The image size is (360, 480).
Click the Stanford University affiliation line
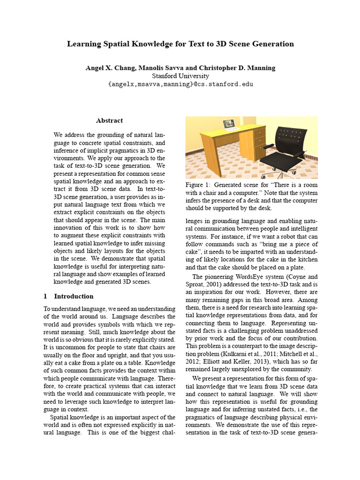click(180, 76)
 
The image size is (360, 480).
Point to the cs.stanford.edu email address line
click(180, 84)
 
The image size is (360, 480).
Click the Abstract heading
click(109, 120)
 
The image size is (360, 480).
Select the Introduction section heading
click(74, 296)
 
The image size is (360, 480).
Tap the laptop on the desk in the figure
click(229, 124)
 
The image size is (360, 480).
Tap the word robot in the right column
click(296, 236)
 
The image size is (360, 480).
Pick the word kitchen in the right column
click(307, 260)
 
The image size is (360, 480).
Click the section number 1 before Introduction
click(45, 296)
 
